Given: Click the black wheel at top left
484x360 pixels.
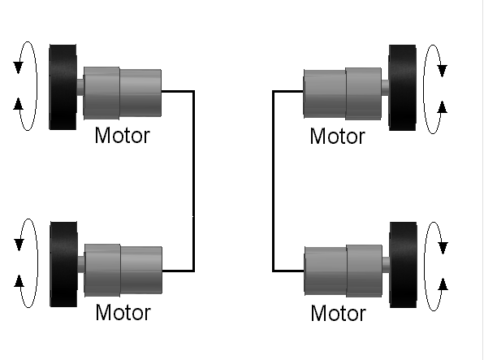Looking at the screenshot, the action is tap(63, 87).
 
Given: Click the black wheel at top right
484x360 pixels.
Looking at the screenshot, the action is tap(402, 88).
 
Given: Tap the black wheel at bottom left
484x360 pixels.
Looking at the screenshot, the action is tap(63, 264).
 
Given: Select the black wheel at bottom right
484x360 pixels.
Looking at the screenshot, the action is tap(403, 265).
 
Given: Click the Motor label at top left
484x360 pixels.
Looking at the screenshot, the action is tap(123, 136).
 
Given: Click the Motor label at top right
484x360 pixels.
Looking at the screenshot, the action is tap(337, 137).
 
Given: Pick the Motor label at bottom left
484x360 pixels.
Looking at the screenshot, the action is tap(123, 312).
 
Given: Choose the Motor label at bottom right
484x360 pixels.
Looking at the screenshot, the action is tap(339, 314).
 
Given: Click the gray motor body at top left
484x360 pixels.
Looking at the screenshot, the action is tap(123, 93).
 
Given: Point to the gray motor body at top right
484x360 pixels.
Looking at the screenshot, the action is tap(343, 93).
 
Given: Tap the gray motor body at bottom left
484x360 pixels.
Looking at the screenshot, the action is tap(123, 270).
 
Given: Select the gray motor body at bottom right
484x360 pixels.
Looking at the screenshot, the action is tap(344, 271).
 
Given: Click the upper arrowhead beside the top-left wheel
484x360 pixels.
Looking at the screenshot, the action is tap(18, 67).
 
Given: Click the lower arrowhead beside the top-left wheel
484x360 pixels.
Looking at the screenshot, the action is tap(18, 104).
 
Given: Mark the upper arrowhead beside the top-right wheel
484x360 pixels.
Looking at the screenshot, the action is tap(443, 71).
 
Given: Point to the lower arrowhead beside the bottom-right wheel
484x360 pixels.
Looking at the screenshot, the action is tap(443, 284).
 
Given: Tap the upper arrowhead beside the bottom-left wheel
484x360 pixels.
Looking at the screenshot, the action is tap(19, 245).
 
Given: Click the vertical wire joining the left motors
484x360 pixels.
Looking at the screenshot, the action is tap(193, 181).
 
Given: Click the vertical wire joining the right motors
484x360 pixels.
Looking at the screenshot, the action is tap(273, 181).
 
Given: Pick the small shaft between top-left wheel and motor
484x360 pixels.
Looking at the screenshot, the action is tap(80, 88).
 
